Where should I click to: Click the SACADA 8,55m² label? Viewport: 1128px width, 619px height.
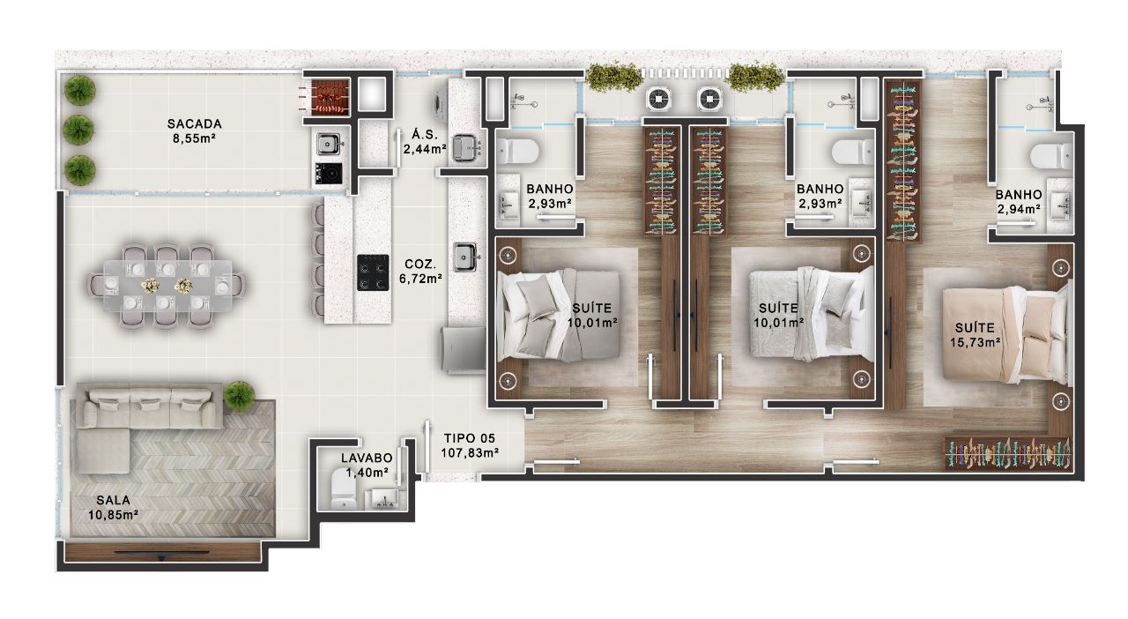click(195, 131)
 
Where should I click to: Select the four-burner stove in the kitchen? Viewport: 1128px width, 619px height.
click(373, 272)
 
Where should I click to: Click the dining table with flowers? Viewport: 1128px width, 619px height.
click(167, 286)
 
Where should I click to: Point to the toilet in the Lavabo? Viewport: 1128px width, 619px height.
click(345, 488)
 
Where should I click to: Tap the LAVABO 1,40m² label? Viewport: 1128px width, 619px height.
click(367, 466)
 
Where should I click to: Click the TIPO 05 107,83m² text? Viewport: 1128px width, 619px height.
click(470, 445)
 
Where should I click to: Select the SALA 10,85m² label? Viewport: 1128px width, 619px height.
click(114, 508)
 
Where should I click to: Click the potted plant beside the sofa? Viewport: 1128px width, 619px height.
click(239, 396)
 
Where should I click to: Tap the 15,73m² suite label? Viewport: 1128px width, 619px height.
click(975, 335)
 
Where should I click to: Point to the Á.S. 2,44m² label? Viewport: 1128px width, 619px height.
click(425, 142)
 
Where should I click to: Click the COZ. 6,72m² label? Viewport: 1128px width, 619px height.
click(421, 272)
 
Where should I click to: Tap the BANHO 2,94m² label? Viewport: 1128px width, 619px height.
click(1018, 202)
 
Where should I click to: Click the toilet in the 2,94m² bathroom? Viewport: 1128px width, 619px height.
click(1050, 156)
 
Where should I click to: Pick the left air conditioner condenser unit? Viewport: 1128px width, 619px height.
click(658, 99)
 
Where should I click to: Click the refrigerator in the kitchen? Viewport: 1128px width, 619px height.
click(464, 349)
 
